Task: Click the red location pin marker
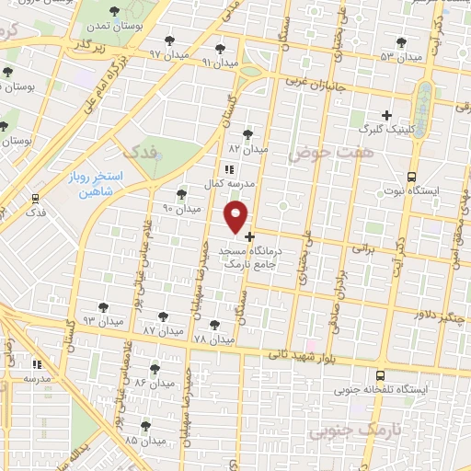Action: coord(236,217)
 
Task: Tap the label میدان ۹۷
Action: coord(168,55)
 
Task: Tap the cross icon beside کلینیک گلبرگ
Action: coord(387,116)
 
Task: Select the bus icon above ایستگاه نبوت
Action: coord(410,177)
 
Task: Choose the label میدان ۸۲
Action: coord(247,148)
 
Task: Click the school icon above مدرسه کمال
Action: coord(229,169)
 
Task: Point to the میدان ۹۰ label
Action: coord(181,209)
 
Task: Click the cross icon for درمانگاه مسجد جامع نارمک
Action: coord(249,236)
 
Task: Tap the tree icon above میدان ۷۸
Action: coord(214,325)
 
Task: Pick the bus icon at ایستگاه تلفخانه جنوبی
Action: coord(381,375)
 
